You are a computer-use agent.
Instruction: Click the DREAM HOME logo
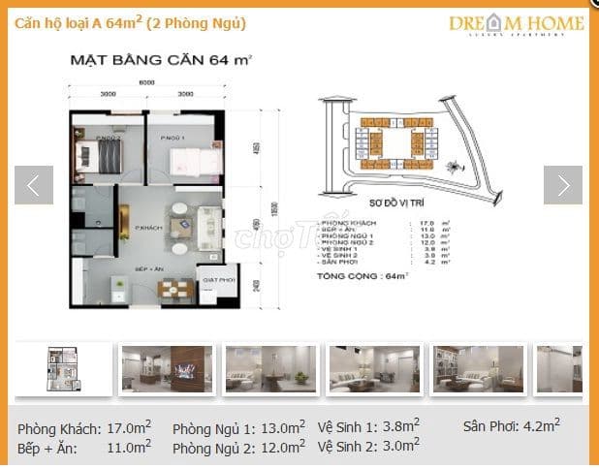[x=516, y=23]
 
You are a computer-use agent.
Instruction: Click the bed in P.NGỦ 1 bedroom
[x=185, y=157]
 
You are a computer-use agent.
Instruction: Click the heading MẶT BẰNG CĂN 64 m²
[x=160, y=60]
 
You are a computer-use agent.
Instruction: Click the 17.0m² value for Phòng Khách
[x=131, y=427]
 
